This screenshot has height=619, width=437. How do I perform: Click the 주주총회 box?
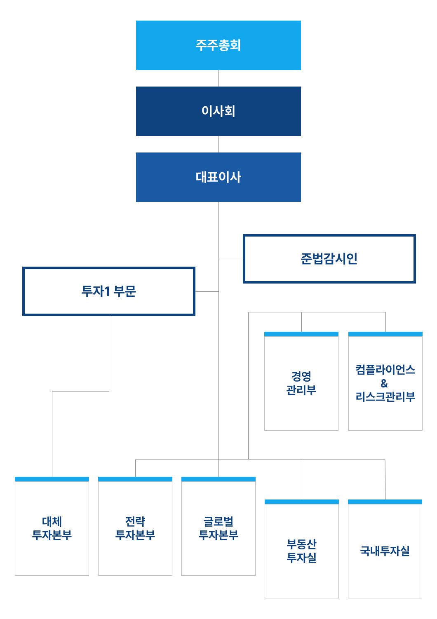218,45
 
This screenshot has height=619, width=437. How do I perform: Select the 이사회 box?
218,111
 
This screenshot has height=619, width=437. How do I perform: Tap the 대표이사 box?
218,177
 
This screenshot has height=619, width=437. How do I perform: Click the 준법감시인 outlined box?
329,259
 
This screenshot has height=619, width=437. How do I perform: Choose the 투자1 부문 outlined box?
109,291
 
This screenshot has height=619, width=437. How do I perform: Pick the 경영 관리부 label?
301,383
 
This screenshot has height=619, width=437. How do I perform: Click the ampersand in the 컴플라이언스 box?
384,384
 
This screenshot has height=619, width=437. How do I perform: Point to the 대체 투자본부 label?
52,528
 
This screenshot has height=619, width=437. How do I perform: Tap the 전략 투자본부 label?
135,528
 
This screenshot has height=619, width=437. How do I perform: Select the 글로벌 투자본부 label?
218,528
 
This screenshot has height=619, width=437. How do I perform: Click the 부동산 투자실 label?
301,551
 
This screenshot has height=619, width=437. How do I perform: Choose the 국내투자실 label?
385,551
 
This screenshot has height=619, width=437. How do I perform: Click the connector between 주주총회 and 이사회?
218,78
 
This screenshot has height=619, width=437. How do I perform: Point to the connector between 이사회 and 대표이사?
218,144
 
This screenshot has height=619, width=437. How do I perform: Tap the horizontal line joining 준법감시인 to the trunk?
231,259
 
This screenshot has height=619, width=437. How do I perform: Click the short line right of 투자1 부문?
207,291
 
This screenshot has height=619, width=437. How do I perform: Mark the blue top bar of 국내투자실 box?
385,502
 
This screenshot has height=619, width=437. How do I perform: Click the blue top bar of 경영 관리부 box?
301,334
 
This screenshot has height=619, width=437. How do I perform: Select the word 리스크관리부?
385,397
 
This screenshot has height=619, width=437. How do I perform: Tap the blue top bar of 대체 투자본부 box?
52,479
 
